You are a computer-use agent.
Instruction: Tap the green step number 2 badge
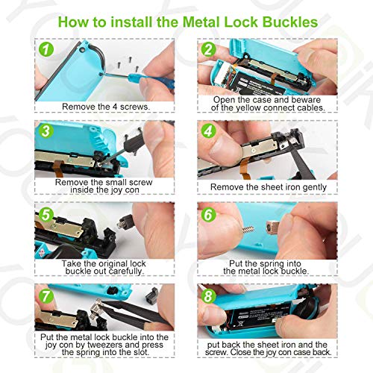point(209,50)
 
